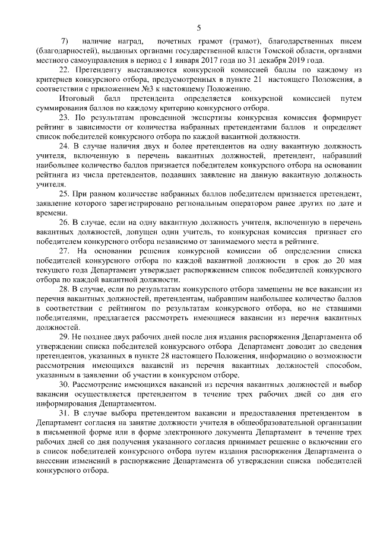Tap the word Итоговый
point(75,97)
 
